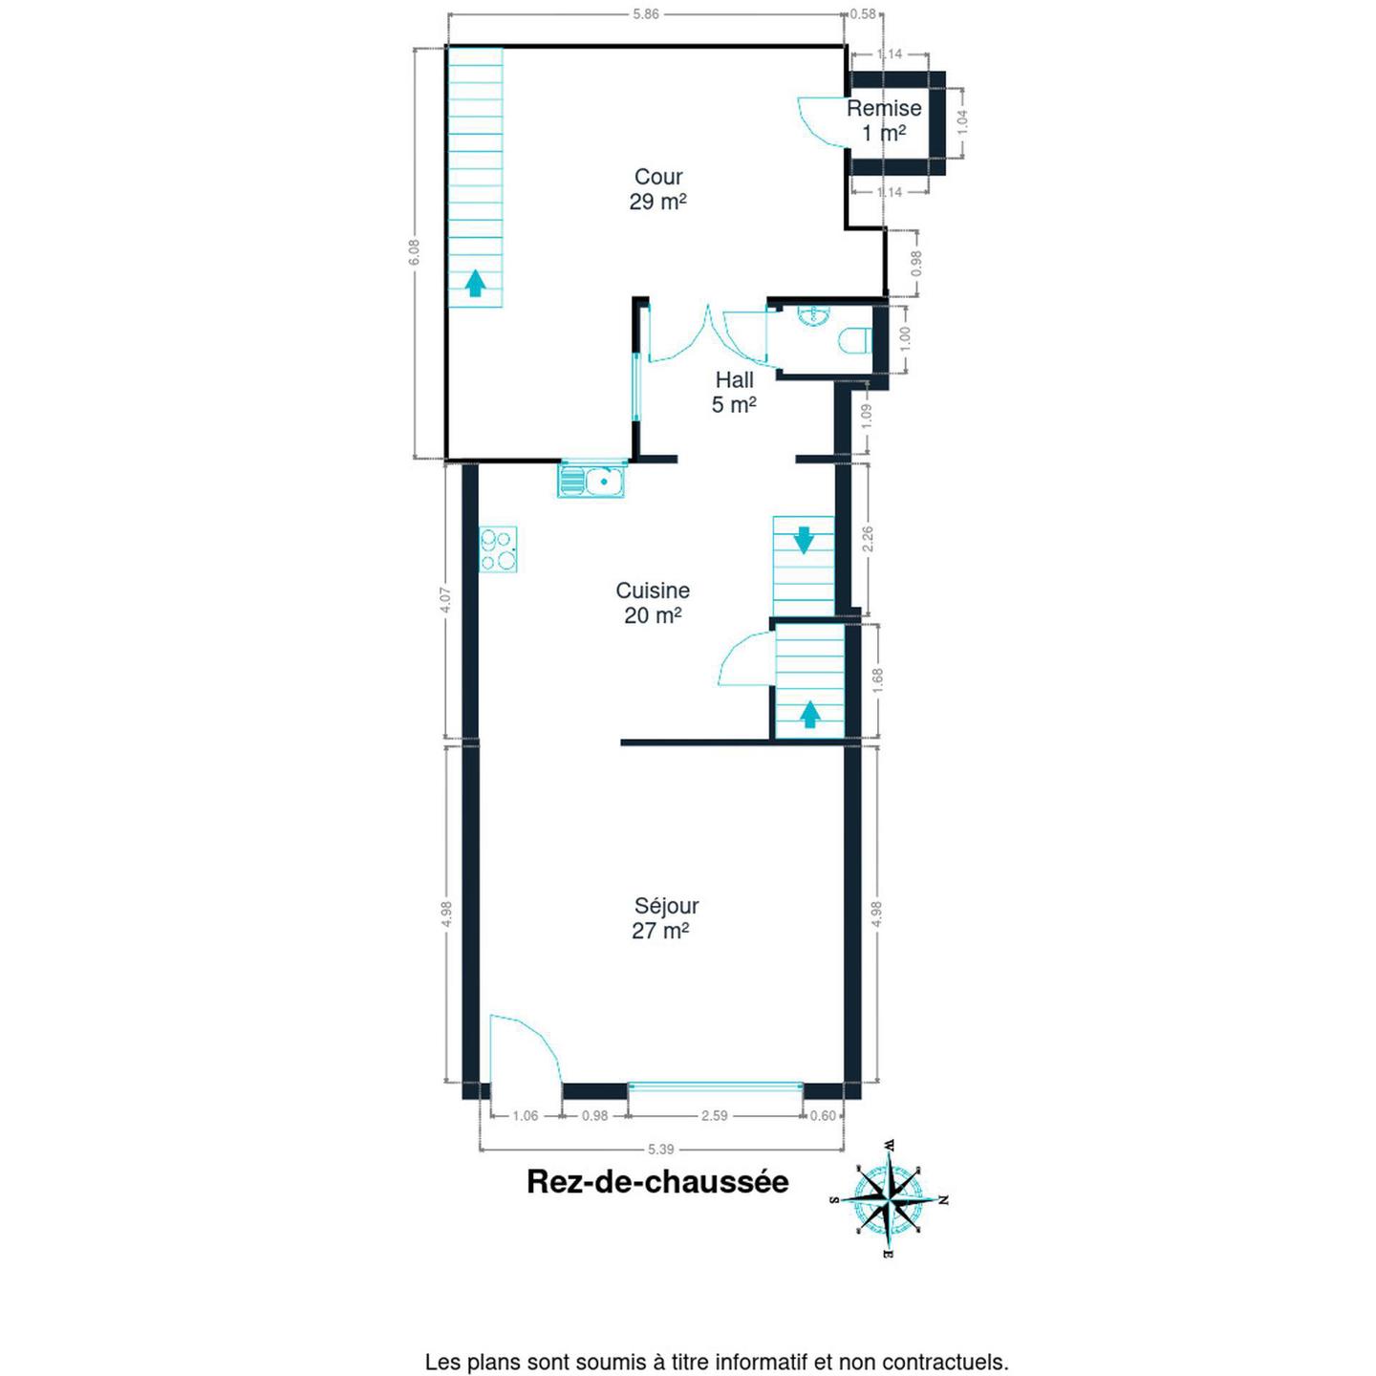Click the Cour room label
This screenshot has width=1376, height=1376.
pos(658,189)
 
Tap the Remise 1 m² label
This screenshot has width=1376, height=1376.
pos(884,120)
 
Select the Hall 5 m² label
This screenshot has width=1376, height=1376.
pos(734,392)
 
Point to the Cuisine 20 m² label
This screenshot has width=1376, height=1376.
pos(653,603)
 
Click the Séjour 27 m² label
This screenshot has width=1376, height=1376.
pos(666,917)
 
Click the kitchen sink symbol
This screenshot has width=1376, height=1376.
pos(591,480)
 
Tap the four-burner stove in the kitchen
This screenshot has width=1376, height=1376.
pos(498,549)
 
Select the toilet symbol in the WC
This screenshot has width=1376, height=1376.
pos(855,340)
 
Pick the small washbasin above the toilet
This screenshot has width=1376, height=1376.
pos(813,314)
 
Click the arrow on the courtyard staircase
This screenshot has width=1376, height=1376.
pos(475,284)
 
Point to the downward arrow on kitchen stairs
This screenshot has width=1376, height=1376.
pos(804,540)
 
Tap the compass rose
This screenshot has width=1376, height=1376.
pos(890,1200)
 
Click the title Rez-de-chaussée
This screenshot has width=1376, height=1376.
pos(657,1182)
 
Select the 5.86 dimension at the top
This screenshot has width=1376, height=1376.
pos(646,14)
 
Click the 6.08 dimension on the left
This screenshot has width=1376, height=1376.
pos(414,251)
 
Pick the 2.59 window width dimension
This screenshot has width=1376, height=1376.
pos(714,1115)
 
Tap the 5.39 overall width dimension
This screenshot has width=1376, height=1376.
pos(660,1150)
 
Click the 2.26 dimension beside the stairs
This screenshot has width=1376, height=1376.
pos(868,539)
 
